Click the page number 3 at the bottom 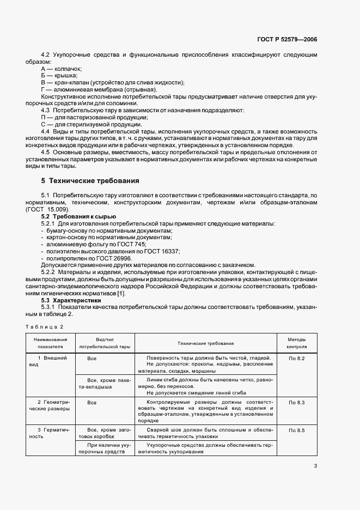tap(316, 465)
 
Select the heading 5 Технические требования tap(90, 180)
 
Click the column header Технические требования tap(205, 343)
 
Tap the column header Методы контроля tap(296, 343)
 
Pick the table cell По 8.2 tap(296, 358)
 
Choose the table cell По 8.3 tap(296, 402)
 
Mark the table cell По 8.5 tap(296, 431)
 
